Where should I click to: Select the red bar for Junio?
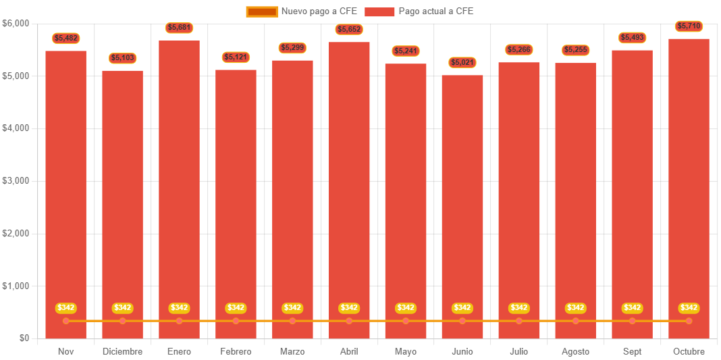(x=462, y=203)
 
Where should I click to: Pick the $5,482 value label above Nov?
(x=66, y=38)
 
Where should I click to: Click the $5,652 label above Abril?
(x=349, y=30)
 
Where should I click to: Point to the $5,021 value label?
(x=462, y=63)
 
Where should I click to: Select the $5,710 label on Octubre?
(x=689, y=26)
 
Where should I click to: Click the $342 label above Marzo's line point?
(x=292, y=308)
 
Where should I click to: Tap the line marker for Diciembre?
(x=123, y=321)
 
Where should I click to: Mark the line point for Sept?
(x=632, y=321)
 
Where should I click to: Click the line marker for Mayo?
(x=406, y=321)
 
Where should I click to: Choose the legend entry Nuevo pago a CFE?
(x=302, y=11)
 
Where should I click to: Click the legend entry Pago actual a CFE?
(x=419, y=11)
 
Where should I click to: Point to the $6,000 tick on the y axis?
(x=16, y=24)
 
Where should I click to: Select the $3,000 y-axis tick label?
(x=16, y=181)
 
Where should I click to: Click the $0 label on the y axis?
(x=23, y=338)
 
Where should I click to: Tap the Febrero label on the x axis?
(x=236, y=352)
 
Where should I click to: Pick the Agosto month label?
(x=575, y=352)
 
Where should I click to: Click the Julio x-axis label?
(x=518, y=352)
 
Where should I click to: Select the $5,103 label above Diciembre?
(x=123, y=59)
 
